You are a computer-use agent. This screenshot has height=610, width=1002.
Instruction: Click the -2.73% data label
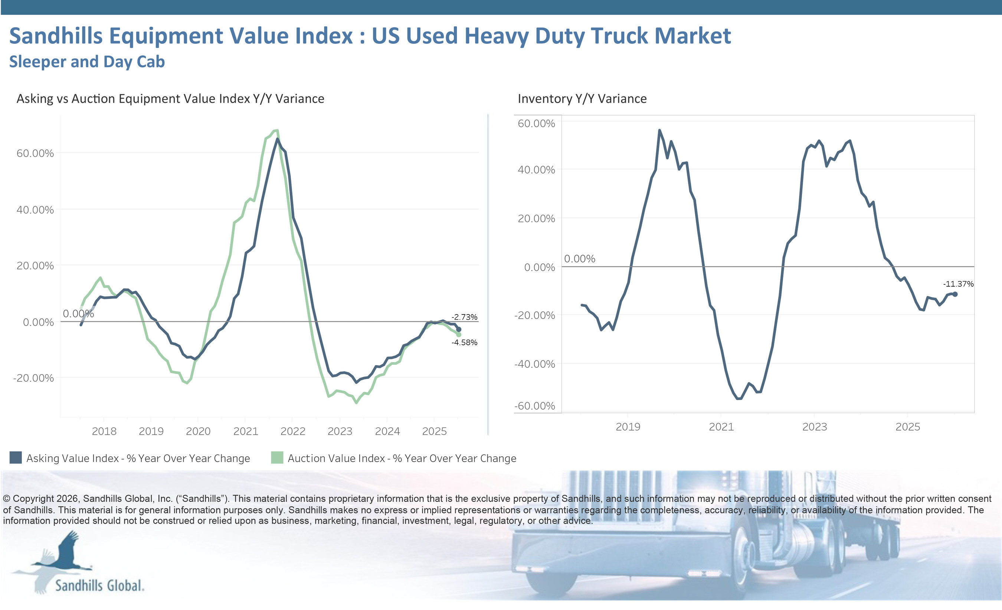coord(464,317)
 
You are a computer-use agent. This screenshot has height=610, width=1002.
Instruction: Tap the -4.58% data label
coord(464,342)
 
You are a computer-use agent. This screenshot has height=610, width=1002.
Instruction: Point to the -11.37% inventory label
coord(958,284)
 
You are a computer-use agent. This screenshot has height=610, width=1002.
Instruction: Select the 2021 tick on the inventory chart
coord(721,427)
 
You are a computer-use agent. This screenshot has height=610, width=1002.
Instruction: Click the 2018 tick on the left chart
coord(104,431)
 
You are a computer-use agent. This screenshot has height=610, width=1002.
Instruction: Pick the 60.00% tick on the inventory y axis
coord(536,123)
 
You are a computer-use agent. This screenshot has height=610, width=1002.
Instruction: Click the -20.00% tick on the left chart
coord(33,378)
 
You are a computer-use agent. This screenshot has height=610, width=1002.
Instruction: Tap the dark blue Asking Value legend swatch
coord(16,458)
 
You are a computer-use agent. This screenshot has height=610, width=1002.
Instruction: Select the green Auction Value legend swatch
coord(277,458)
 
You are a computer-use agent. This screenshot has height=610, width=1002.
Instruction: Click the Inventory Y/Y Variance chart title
coord(582,99)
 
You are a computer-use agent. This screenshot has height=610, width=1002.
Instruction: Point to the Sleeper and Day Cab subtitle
coord(86,62)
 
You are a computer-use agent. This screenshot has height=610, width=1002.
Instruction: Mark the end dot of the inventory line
coord(955,294)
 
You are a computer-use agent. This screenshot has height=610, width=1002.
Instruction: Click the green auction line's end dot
coord(459,334)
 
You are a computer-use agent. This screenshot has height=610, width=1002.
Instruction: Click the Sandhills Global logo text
coord(99,586)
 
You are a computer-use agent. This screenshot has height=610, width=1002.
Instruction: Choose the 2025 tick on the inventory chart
coord(908,427)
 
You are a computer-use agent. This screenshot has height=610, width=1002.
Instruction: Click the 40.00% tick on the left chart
coord(35,210)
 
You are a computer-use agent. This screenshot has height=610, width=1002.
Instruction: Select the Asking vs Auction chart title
coord(170,99)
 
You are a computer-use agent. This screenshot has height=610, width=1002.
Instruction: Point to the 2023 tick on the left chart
coord(340,431)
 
